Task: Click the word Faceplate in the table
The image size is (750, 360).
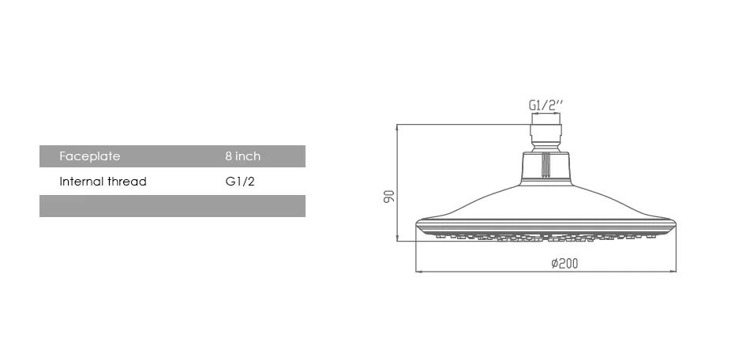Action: click(89, 156)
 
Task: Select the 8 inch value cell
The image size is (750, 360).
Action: click(243, 156)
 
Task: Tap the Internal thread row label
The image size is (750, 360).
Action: click(103, 182)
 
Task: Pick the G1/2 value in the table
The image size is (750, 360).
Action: click(240, 182)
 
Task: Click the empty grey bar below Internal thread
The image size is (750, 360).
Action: click(172, 206)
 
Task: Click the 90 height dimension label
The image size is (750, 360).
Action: click(390, 196)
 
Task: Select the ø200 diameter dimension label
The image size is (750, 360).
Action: click(564, 263)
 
